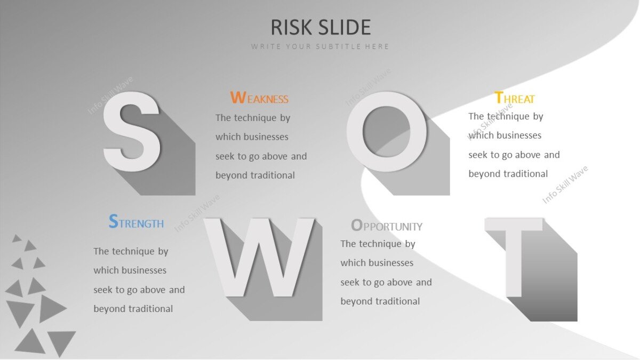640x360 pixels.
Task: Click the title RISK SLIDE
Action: [321, 27]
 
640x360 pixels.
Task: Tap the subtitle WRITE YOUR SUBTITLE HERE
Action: [321, 46]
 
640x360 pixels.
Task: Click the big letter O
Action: [386, 131]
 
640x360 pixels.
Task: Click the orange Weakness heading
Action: [259, 99]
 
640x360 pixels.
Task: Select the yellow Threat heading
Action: [514, 99]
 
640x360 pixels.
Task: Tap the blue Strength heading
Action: [136, 222]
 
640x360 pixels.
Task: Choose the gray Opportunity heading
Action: [387, 226]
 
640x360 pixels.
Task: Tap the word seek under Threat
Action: [478, 155]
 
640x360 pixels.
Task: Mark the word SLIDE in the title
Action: [345, 27]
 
